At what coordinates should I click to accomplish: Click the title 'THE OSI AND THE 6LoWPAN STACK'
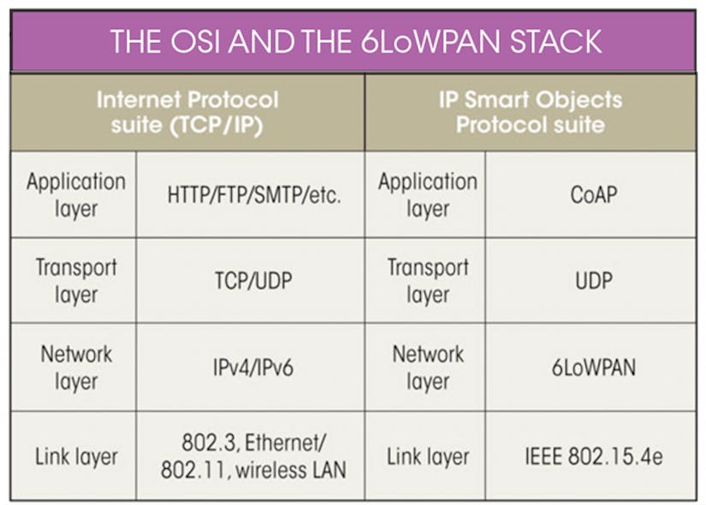tap(355, 40)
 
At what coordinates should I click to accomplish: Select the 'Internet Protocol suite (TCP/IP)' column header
tap(187, 112)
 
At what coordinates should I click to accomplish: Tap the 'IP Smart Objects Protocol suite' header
tap(530, 112)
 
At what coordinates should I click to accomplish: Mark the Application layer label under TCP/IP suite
tap(75, 194)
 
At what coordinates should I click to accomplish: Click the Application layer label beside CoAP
tap(427, 194)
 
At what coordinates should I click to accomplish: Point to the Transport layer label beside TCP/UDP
tap(75, 281)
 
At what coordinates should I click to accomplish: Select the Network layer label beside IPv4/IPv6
tap(75, 368)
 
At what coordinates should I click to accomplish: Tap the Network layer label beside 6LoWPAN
tap(427, 368)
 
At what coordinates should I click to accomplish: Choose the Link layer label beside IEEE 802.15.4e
tap(427, 456)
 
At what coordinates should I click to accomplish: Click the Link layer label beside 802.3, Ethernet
tap(75, 456)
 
